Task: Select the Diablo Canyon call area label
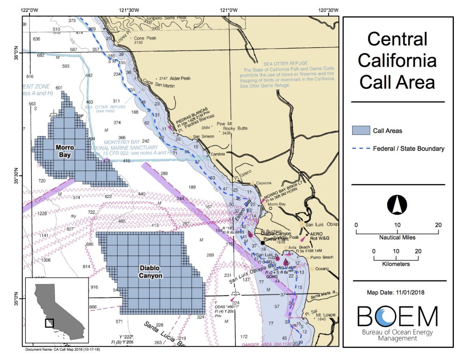click(x=150, y=272)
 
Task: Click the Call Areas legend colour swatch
click(x=361, y=130)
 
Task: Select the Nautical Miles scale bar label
click(x=397, y=237)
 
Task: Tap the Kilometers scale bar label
click(x=397, y=264)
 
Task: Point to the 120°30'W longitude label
click(x=328, y=10)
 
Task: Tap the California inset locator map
click(x=57, y=309)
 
